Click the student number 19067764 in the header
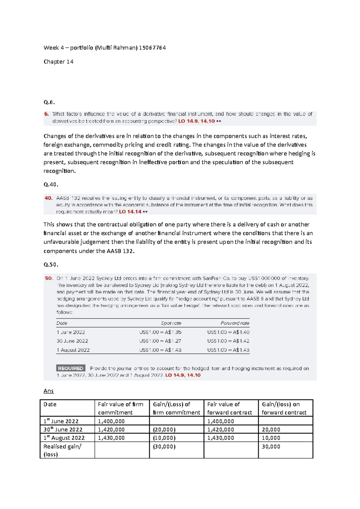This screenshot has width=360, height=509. pos(152,48)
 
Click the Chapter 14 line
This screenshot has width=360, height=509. pos(58,62)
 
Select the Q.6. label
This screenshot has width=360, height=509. pos(49,102)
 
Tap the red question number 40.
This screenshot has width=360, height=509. pos(49,198)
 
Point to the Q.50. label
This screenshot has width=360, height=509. pos(51,264)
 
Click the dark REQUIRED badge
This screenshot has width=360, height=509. pos(70,368)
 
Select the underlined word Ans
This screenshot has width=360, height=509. pos(49,391)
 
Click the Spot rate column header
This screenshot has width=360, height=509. pos(171,323)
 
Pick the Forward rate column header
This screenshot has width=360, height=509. pos(235,323)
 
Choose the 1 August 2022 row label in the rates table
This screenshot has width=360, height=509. pos(73,350)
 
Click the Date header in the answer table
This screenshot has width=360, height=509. pos(50,404)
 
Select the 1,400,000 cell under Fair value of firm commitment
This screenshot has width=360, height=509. pos(111,421)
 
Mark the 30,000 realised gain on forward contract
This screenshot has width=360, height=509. pos(271,447)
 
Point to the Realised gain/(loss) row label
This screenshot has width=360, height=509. pos(62,450)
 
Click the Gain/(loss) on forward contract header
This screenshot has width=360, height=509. pos(284,408)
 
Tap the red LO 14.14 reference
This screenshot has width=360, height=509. pos(130,212)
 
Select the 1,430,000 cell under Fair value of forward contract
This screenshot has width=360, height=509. pos(220,438)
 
